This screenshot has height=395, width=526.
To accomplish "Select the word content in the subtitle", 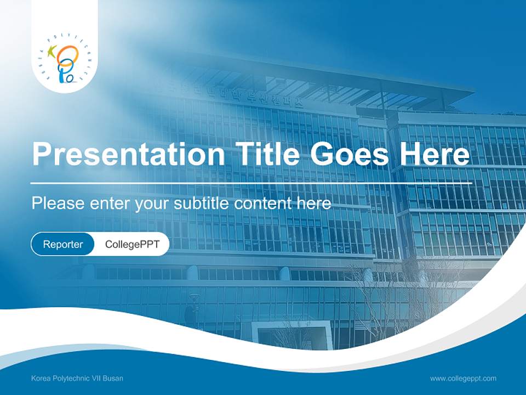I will [263, 204].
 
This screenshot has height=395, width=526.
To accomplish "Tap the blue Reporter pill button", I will [62, 244].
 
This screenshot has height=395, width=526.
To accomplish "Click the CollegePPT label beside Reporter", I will [132, 244].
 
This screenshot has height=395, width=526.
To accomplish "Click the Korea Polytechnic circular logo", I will [64, 59].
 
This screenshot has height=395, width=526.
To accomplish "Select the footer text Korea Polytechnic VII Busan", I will [77, 379].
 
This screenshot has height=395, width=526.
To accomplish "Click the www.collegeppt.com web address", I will [463, 379].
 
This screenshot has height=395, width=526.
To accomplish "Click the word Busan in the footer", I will [114, 379].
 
